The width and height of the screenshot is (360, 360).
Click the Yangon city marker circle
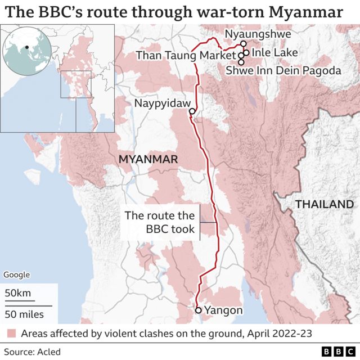coord(198,310)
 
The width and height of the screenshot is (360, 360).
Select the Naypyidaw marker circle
coord(192,111)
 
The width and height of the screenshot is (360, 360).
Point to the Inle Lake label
coord(273,53)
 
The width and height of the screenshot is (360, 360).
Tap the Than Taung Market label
coord(186,55)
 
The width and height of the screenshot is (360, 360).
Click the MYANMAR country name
coord(148,160)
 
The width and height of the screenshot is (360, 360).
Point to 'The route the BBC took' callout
coord(160,222)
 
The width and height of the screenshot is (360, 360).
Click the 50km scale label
coord(18,293)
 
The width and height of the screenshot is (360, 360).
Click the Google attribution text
coord(17,275)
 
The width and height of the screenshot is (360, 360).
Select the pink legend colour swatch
coord(11,334)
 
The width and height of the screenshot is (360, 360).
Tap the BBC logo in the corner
coord(336,352)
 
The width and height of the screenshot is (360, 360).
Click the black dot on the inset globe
coord(26,47)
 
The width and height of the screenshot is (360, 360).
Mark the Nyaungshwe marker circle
coord(243,43)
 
